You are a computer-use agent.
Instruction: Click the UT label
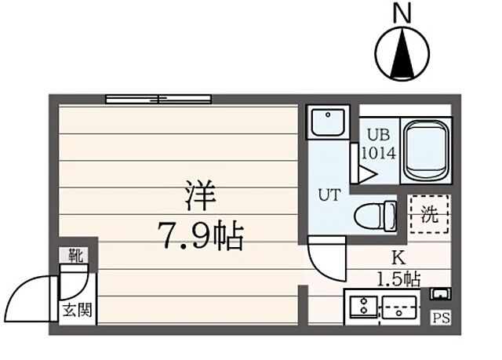tap(328, 194)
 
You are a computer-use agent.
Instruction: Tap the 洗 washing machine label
tap(430, 214)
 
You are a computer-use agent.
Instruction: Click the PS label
tap(441, 318)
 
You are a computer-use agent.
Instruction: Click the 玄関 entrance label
tap(77, 309)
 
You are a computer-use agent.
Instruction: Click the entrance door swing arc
tap(35, 294)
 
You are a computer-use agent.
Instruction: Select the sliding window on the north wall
tap(159, 99)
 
